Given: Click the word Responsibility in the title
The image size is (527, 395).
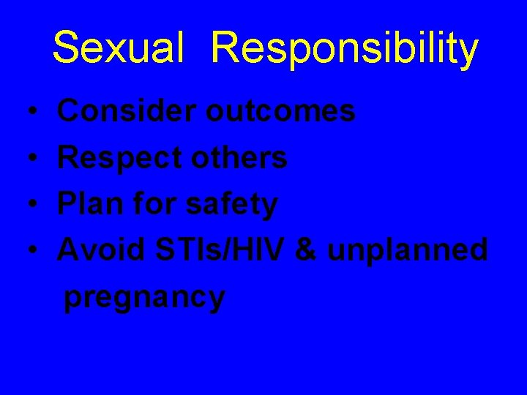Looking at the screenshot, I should [x=345, y=49].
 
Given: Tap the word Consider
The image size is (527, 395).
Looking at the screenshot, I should [x=126, y=111].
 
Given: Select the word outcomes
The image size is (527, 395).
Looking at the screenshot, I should [x=280, y=111].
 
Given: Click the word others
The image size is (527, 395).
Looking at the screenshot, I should [x=246, y=157].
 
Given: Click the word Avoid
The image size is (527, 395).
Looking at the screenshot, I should [x=102, y=250].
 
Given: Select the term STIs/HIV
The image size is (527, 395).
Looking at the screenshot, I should [x=222, y=250].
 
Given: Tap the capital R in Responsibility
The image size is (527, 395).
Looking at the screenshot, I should [x=225, y=48].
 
